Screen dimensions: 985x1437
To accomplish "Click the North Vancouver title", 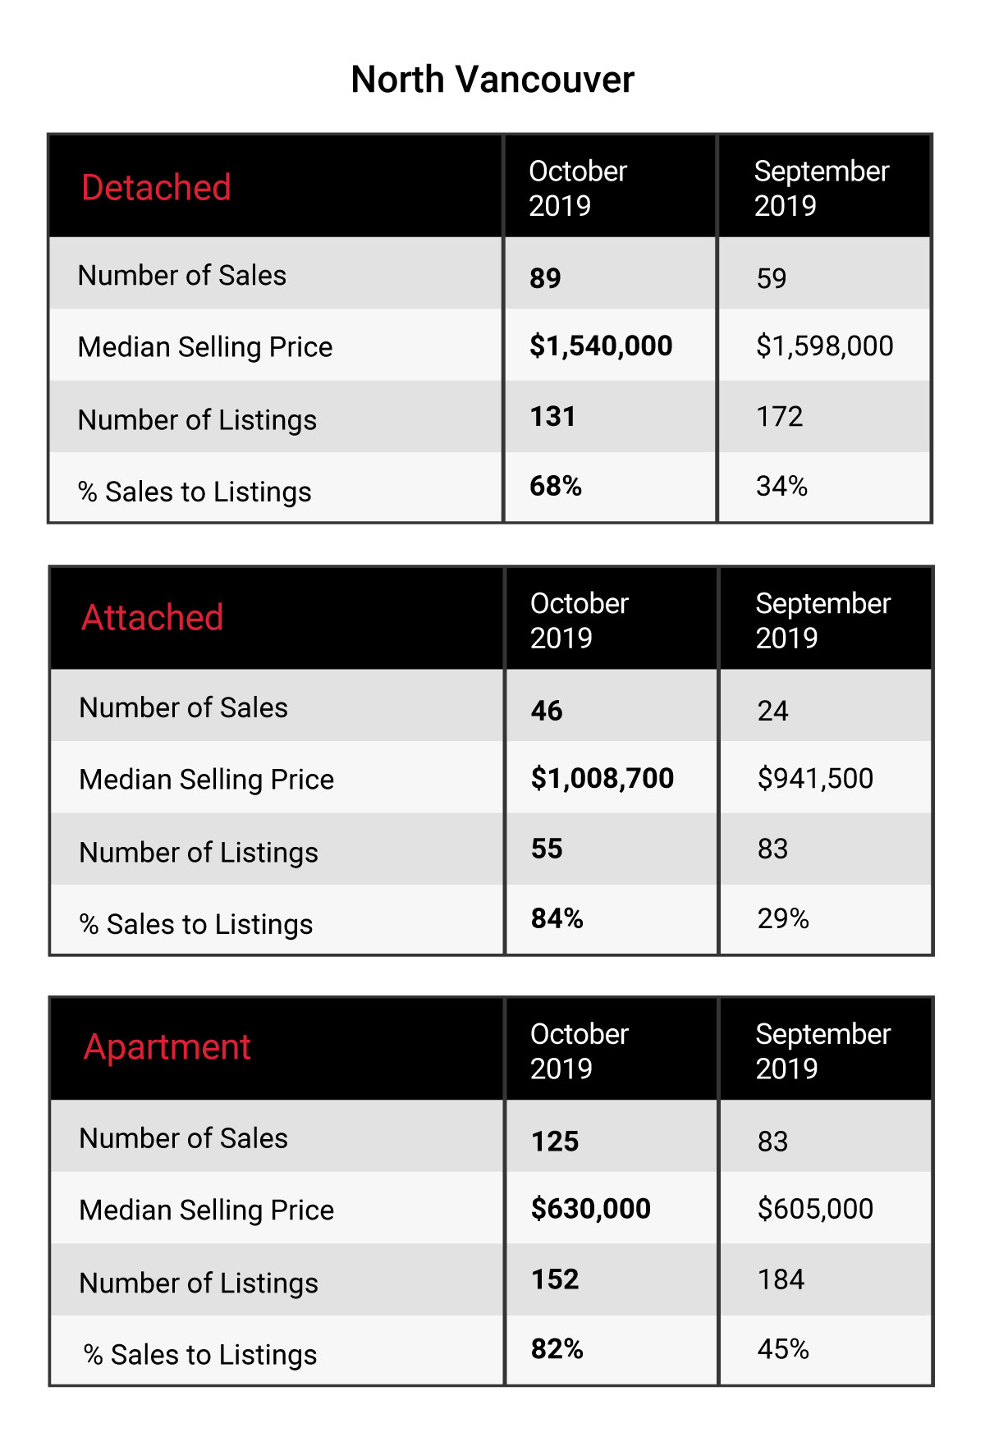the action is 492,80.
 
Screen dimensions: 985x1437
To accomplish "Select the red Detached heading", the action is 156,188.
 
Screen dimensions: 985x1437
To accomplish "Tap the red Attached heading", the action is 153,617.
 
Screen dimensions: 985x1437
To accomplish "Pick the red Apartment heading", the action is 167,1048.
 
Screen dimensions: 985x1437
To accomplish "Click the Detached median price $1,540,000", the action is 601,346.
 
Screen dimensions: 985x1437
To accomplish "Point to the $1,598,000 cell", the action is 825,346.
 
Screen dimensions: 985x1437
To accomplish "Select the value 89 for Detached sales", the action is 545,278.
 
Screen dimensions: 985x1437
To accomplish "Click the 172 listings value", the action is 780,417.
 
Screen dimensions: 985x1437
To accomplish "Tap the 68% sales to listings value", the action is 556,486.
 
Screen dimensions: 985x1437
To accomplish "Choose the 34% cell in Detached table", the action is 782,486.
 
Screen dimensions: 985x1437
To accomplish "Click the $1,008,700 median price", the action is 602,778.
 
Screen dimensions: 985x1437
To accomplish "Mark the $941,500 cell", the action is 816,778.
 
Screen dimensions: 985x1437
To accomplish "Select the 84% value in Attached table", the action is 557,918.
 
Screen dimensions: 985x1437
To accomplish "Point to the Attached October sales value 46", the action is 547,711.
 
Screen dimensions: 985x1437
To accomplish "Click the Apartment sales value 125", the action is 555,1142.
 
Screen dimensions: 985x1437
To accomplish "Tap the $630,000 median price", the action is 591,1209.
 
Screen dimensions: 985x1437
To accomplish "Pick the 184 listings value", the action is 781,1279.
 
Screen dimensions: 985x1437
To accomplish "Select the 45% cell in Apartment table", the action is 784,1349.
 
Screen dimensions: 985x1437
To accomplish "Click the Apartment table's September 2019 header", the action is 823,1051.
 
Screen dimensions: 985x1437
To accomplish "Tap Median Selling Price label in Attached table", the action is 207,780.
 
